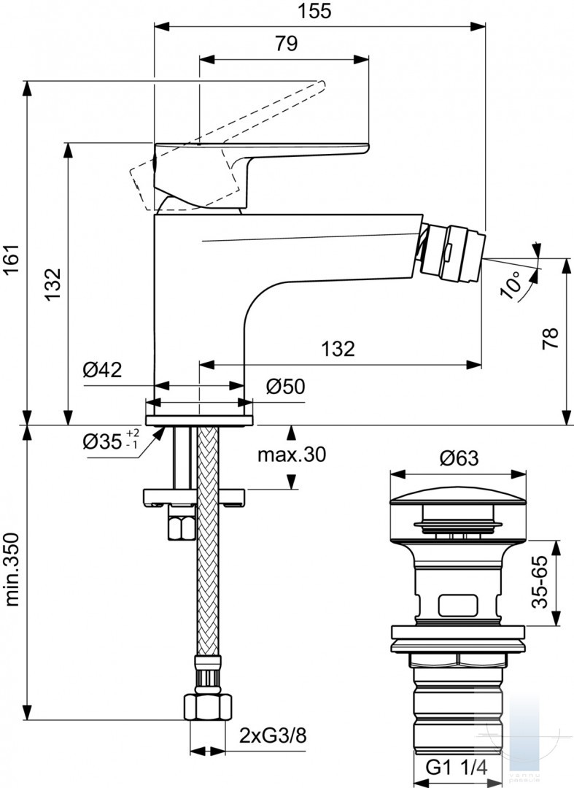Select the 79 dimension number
[286, 44]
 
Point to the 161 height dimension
[12, 259]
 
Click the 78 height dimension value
[551, 339]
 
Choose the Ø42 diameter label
[102, 371]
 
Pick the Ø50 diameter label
[285, 387]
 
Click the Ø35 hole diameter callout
[112, 441]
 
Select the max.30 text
[292, 455]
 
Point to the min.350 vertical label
[12, 569]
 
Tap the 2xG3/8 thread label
[272, 736]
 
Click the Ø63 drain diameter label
[459, 457]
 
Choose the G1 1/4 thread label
[457, 768]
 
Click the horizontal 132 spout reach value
[338, 349]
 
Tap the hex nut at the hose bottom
[208, 706]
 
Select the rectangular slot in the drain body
[457, 606]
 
